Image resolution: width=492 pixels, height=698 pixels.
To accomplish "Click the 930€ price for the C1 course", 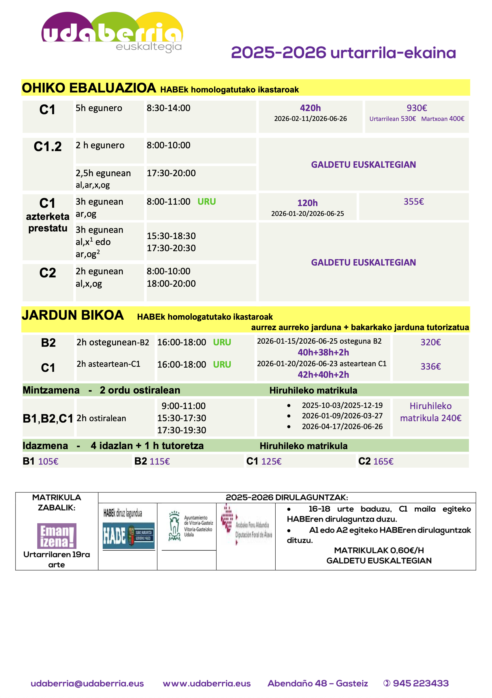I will coord(417,108).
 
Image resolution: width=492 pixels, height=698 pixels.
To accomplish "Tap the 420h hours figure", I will coord(310,108).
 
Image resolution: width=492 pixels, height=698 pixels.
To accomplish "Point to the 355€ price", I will coord(414,202).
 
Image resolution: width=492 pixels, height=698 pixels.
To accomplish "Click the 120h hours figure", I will coord(307,203).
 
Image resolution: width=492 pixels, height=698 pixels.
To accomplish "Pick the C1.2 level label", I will coord(48,147).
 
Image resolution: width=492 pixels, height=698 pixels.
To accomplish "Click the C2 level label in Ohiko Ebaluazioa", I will coord(48,273).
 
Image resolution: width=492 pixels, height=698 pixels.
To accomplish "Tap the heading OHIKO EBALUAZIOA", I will coord(89,88).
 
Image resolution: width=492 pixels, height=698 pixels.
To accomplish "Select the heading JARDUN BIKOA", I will coord(73,315).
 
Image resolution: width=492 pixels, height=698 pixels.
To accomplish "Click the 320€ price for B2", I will coord(430,342).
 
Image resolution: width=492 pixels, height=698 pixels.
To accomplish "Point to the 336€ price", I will coord(430,366).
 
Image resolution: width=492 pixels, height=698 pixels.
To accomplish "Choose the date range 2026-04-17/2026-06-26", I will coord(342,426).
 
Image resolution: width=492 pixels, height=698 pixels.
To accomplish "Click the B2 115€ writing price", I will coord(152,461).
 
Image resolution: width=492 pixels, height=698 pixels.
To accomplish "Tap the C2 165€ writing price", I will coord(376,461).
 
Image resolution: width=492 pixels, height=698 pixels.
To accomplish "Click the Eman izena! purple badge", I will coord(57,536).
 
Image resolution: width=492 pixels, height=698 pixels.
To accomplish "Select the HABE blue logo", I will coord(128,535).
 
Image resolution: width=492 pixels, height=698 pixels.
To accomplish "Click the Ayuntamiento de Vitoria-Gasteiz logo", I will coord(190,526).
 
